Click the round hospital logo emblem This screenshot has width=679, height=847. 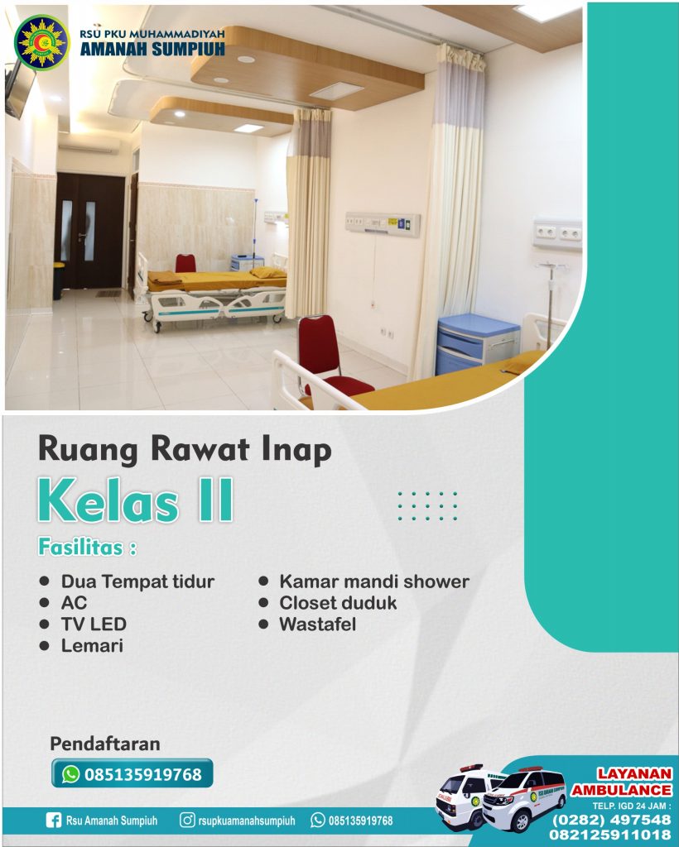pyautogui.click(x=42, y=42)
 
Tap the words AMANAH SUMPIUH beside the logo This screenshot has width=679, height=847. pyautogui.click(x=152, y=50)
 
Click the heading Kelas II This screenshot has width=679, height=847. pyautogui.click(x=135, y=500)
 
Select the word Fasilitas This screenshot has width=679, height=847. pyautogui.click(x=80, y=548)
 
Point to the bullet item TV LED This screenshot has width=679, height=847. pyautogui.click(x=94, y=624)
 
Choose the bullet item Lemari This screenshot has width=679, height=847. pyautogui.click(x=92, y=645)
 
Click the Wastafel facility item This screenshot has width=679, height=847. pyautogui.click(x=318, y=624)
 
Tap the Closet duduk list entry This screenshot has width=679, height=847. pyautogui.click(x=338, y=603)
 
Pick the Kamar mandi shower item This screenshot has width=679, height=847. pyautogui.click(x=374, y=581)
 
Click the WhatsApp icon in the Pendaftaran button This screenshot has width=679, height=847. pyautogui.click(x=71, y=774)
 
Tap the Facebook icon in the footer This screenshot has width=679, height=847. pyautogui.click(x=54, y=821)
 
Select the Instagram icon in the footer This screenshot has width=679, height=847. pyautogui.click(x=187, y=821)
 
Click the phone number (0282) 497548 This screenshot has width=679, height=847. pyautogui.click(x=611, y=821)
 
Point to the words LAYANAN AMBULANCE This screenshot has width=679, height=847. pyautogui.click(x=622, y=782)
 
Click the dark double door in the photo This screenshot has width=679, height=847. pyautogui.click(x=89, y=231)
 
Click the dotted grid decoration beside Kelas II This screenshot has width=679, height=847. pyautogui.click(x=427, y=506)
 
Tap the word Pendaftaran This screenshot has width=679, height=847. pyautogui.click(x=105, y=744)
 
